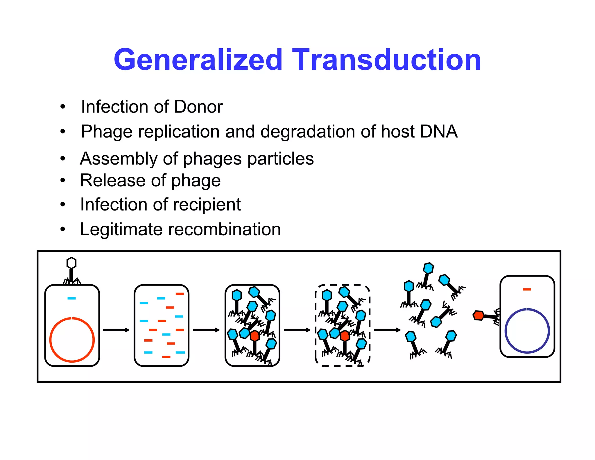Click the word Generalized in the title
198,60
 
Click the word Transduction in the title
386,60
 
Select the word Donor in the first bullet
198,107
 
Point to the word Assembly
119,159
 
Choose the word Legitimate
121,229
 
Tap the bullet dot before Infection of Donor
63,107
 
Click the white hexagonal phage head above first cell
71,263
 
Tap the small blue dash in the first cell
71,298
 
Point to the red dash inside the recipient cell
527,289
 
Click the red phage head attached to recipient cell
478,315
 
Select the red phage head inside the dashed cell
345,336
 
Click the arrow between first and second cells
116,330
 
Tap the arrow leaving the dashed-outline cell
387,330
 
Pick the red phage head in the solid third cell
255,336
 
